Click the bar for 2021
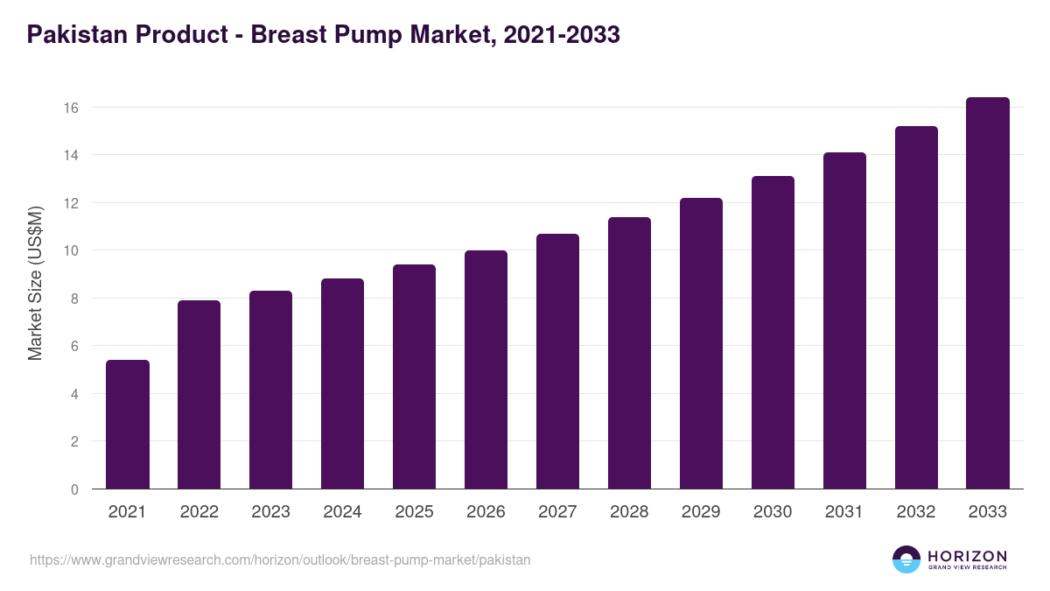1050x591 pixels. click(128, 425)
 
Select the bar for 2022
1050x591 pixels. click(199, 395)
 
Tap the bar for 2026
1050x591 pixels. click(486, 369)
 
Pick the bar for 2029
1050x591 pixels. click(701, 343)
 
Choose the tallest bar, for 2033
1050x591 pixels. click(988, 293)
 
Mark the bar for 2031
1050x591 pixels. click(844, 320)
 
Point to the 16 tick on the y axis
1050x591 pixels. click(71, 108)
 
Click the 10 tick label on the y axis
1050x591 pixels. click(71, 250)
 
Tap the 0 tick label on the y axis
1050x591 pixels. click(74, 489)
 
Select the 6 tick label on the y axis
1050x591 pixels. click(74, 346)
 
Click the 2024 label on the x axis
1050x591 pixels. click(342, 512)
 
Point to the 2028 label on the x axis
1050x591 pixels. click(629, 512)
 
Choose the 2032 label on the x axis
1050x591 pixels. click(916, 512)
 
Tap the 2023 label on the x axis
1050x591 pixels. click(270, 512)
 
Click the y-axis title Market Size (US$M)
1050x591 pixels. click(35, 283)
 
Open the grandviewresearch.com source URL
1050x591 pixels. click(280, 559)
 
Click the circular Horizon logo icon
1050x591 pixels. click(906, 559)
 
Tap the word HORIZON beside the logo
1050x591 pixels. click(967, 556)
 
